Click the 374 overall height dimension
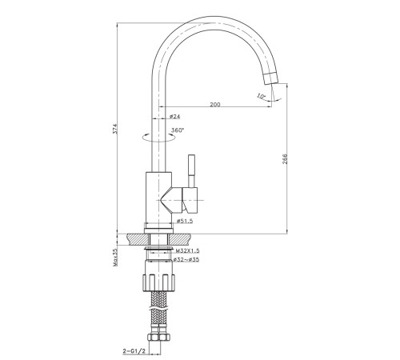pos(115,129)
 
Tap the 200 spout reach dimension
pos(215,104)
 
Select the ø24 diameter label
pos(174,116)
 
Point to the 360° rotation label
pos(178,130)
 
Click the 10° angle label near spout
pos(262,96)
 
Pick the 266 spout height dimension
pos(285,159)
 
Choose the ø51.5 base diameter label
pos(185,221)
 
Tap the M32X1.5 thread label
pos(187,250)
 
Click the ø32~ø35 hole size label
pos(186,259)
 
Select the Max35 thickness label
pos(115,258)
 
